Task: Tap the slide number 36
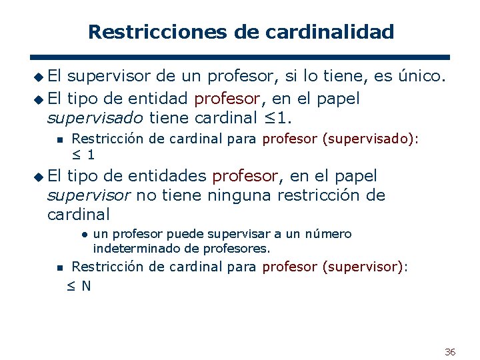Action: pyautogui.click(x=450, y=351)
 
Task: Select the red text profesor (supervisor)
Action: pyautogui.click(x=335, y=267)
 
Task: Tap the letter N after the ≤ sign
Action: pyautogui.click(x=86, y=286)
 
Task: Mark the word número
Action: pyautogui.click(x=328, y=234)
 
